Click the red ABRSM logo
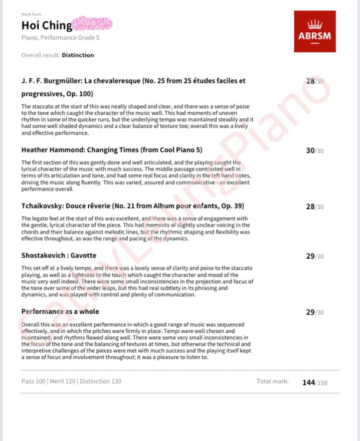tap(314, 31)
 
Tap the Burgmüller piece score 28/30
tap(315, 81)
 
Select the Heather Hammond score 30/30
tap(315, 150)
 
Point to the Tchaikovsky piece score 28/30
tap(315, 207)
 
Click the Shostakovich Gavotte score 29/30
tap(315, 256)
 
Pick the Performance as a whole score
tap(315, 312)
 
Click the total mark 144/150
tap(315, 382)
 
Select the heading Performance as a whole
tap(60, 312)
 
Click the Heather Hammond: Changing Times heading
tap(112, 150)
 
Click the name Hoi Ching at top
tap(47, 26)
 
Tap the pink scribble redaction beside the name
tap(93, 24)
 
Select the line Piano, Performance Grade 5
tap(56, 38)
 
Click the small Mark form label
tap(32, 15)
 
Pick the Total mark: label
tap(272, 381)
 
